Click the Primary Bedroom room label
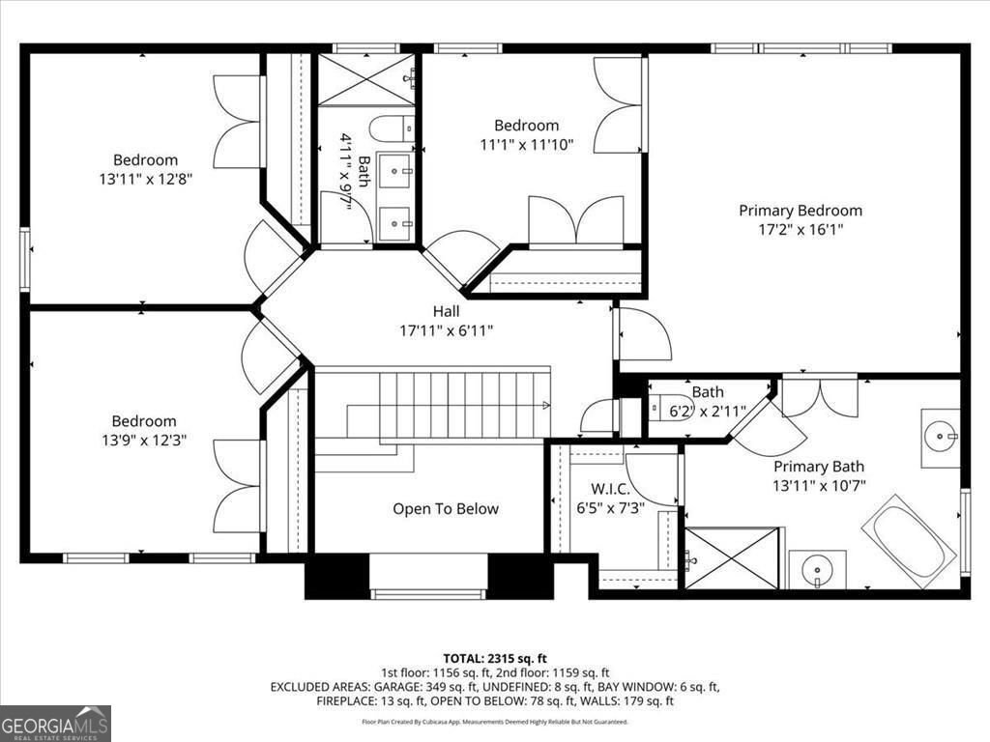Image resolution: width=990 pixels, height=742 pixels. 801,210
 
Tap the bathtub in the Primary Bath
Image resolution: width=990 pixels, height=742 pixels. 908,541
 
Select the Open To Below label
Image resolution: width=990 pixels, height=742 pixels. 446,509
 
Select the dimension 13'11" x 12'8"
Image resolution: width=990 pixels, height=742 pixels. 146,179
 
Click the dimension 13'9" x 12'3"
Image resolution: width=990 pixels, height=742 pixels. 144,440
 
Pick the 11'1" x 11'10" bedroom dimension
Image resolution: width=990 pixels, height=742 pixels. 527,145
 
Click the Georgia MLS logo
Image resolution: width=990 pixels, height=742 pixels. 55,723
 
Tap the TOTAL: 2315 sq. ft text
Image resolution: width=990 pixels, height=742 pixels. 494,658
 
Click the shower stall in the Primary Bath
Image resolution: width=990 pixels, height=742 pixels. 731,557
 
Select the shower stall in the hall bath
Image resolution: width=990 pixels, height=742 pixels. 365,80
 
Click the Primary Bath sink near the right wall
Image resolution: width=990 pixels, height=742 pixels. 940,438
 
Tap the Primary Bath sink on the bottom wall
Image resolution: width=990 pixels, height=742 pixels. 817,569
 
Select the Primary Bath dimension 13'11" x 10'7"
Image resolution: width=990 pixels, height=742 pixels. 818,486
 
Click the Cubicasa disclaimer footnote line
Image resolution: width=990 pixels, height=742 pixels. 494,721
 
